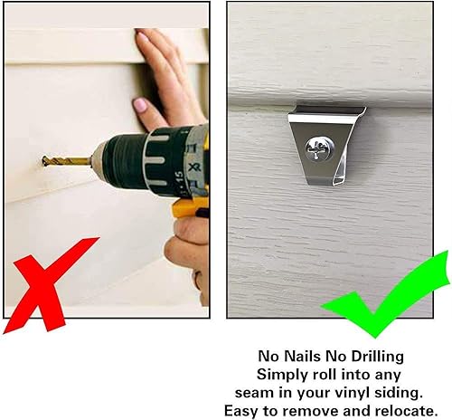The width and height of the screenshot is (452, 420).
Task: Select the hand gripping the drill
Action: [189, 249]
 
